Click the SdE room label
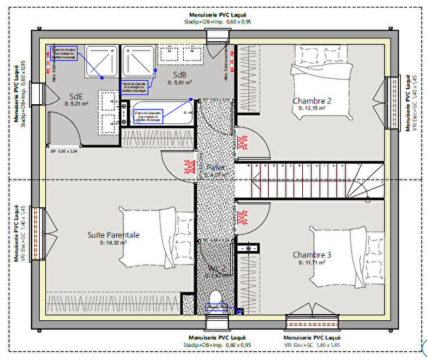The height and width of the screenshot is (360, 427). coord(77,96)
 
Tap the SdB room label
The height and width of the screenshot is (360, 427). coord(180,75)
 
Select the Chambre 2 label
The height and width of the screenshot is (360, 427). coord(312,101)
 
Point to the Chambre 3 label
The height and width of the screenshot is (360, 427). coord(312,254)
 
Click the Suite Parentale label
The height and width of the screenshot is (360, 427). coord(113,235)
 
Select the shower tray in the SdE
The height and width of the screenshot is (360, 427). coord(100,62)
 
